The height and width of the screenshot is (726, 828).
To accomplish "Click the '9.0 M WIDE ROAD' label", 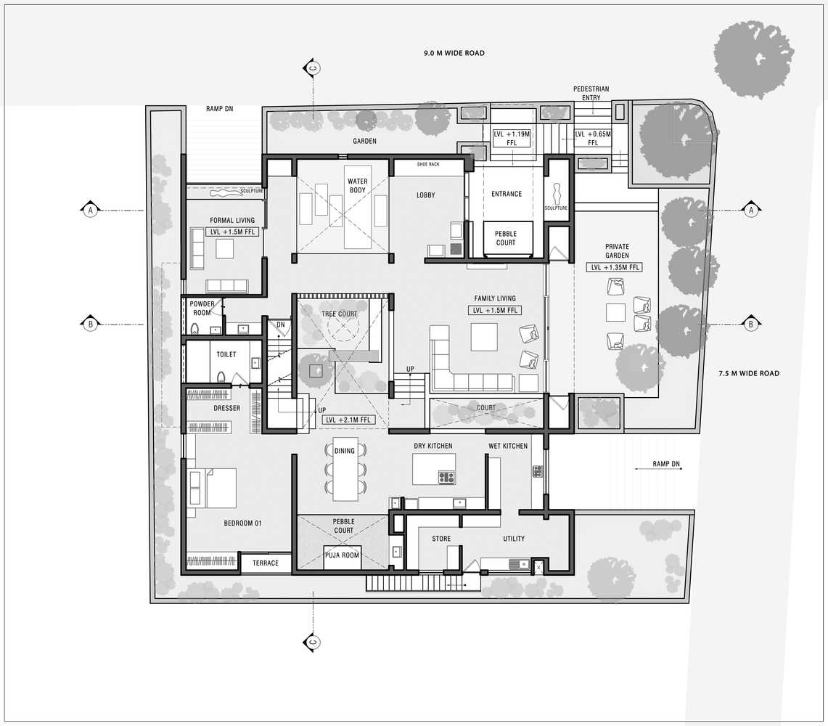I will [x=454, y=53].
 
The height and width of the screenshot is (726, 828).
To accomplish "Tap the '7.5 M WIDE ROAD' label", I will [x=748, y=373].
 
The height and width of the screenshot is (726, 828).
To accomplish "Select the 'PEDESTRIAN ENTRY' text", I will [x=591, y=93].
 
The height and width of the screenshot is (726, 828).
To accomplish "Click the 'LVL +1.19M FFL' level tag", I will [x=512, y=139].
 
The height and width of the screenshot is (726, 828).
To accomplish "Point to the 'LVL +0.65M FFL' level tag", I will [x=593, y=139].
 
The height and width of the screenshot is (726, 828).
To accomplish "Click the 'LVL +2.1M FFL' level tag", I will [x=348, y=420].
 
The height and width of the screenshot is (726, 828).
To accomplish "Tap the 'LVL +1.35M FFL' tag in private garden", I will [x=616, y=267].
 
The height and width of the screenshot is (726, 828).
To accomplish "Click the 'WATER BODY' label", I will [x=357, y=186].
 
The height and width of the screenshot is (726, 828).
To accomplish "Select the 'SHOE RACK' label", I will [x=428, y=164].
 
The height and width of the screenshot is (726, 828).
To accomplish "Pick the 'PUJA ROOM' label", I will [x=342, y=555].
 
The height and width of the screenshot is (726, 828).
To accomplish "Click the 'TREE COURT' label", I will [x=339, y=314].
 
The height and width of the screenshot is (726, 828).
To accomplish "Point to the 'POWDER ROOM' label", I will [x=202, y=309].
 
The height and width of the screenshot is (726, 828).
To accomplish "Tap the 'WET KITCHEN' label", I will [x=508, y=446].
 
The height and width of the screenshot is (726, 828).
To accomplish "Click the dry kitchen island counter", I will [x=434, y=468].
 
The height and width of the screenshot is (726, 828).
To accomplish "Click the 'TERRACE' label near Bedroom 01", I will [x=266, y=563].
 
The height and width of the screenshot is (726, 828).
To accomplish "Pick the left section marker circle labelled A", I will [x=91, y=210].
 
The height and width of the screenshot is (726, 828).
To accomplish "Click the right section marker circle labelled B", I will [x=751, y=324].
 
